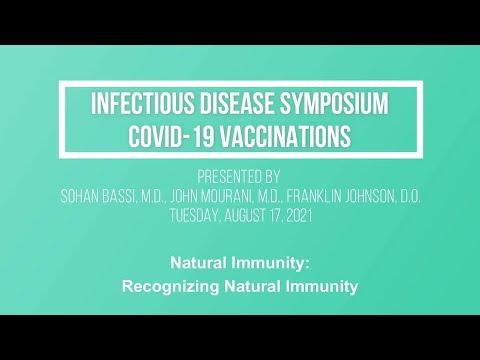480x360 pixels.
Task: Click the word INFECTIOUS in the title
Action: [139, 103]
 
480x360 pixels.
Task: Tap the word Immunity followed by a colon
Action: [281, 265]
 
